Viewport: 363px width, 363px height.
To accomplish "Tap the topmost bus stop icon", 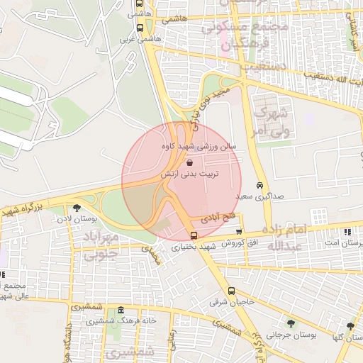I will (138, 3).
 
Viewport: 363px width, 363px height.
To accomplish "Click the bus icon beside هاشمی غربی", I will (139, 28).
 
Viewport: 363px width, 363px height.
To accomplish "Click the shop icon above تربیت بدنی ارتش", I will (188, 162).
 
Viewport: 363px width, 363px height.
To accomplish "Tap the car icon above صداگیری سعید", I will (259, 184).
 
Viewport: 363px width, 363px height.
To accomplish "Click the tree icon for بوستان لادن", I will (77, 207).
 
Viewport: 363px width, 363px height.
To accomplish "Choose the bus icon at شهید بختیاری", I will (195, 235).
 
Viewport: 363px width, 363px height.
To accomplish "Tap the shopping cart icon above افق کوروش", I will (239, 231).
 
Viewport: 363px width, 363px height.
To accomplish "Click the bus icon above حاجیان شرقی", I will (231, 291).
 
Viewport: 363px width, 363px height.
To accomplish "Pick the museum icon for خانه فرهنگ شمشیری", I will (121, 310).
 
